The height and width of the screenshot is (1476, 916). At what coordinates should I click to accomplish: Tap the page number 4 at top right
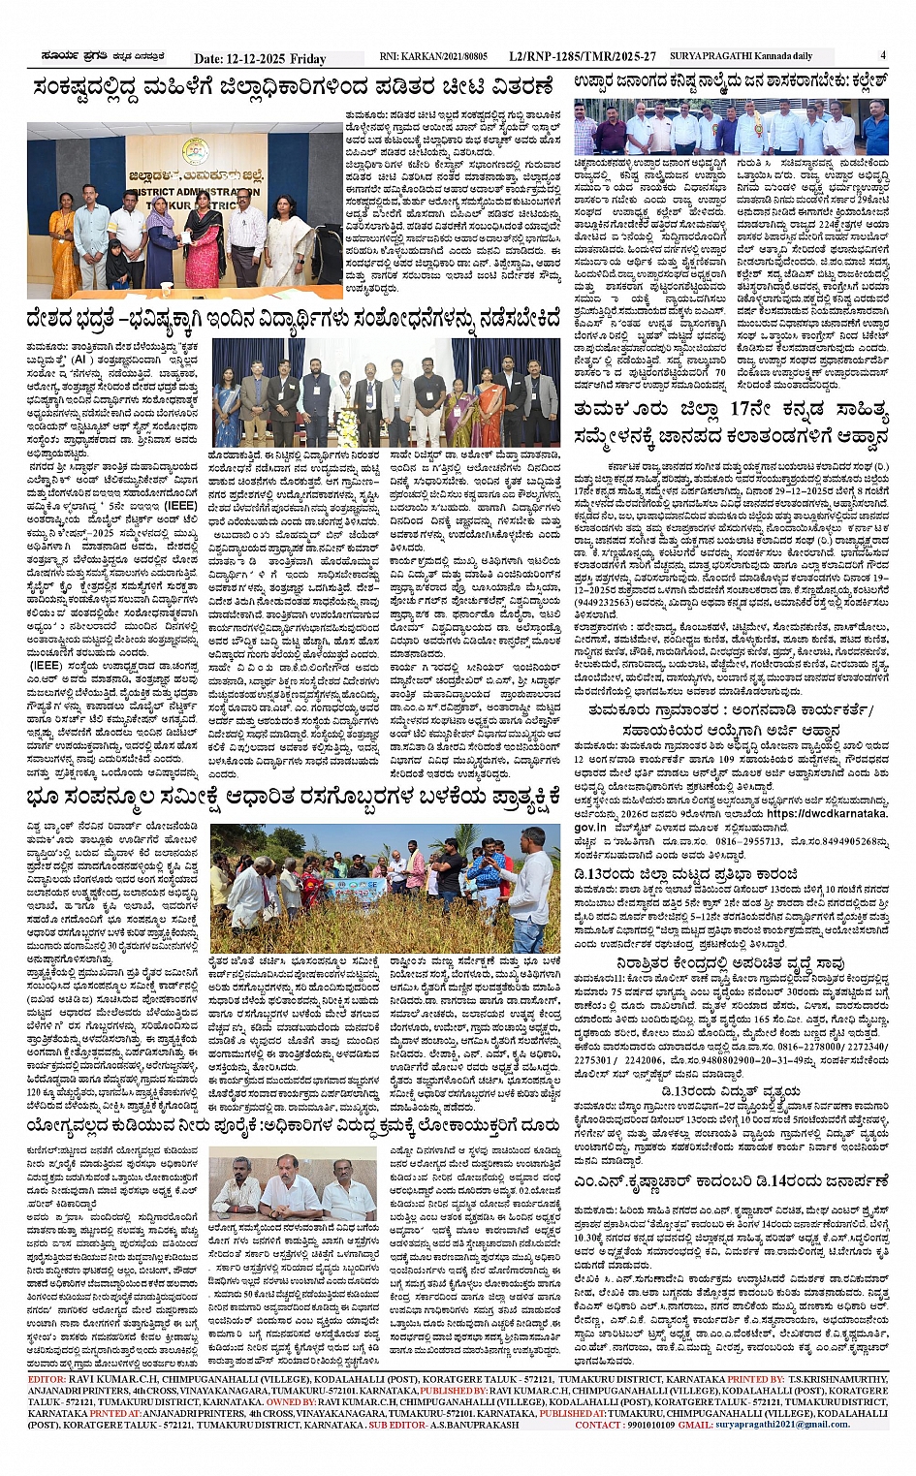coord(883,56)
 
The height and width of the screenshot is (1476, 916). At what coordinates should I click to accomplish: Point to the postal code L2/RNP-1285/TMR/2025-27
coord(582,57)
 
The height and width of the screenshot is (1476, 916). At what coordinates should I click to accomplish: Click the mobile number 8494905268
coord(851,841)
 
